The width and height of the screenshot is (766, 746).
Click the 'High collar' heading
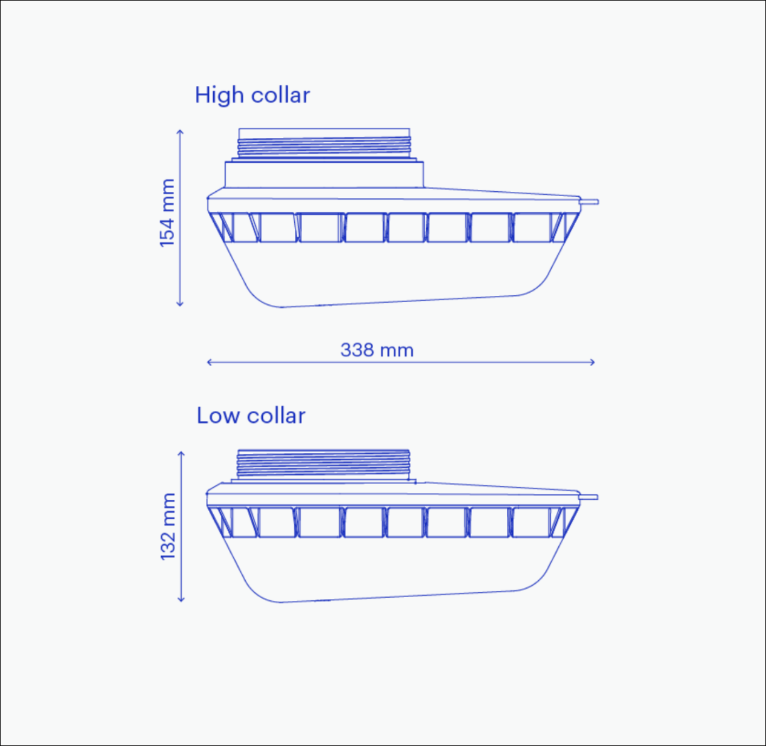(253, 96)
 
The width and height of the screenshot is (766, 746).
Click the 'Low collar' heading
(251, 416)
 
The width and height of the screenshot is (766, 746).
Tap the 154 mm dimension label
(167, 212)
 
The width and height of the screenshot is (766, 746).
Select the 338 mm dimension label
(377, 350)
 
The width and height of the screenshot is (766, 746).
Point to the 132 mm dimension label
(168, 526)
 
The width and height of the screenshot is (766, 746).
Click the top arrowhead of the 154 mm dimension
(180, 131)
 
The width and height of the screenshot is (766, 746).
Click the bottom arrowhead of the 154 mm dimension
(180, 304)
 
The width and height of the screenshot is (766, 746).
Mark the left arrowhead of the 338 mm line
(209, 362)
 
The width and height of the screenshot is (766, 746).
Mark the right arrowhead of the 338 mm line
(593, 362)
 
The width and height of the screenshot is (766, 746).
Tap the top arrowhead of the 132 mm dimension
(181, 453)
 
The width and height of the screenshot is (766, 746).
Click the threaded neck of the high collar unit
(324, 147)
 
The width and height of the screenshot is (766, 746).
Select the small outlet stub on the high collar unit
(590, 201)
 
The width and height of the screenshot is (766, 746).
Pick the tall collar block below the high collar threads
(324, 174)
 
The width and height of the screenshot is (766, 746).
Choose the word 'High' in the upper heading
(219, 96)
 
